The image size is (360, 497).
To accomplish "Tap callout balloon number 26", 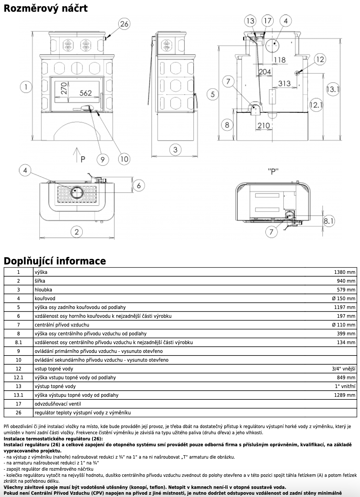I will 124,24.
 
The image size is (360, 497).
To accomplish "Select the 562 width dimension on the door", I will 86,93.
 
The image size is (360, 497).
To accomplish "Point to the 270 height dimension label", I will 63,88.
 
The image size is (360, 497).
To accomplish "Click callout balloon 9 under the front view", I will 103,159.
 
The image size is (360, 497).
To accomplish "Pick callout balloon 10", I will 124,159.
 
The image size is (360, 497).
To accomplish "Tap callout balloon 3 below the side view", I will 175,150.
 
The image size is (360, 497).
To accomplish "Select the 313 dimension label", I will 284,83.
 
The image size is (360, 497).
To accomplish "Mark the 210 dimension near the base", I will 263,125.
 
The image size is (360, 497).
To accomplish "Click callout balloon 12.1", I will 315,104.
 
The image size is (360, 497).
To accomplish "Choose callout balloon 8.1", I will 329,222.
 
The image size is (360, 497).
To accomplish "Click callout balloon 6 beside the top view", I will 139,185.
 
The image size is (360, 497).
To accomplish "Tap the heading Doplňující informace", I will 55,261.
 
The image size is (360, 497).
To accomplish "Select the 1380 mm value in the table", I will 344,272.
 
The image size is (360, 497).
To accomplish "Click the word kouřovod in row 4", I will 45,299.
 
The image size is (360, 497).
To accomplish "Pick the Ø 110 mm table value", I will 344,325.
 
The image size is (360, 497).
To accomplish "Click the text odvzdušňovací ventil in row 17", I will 58,404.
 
